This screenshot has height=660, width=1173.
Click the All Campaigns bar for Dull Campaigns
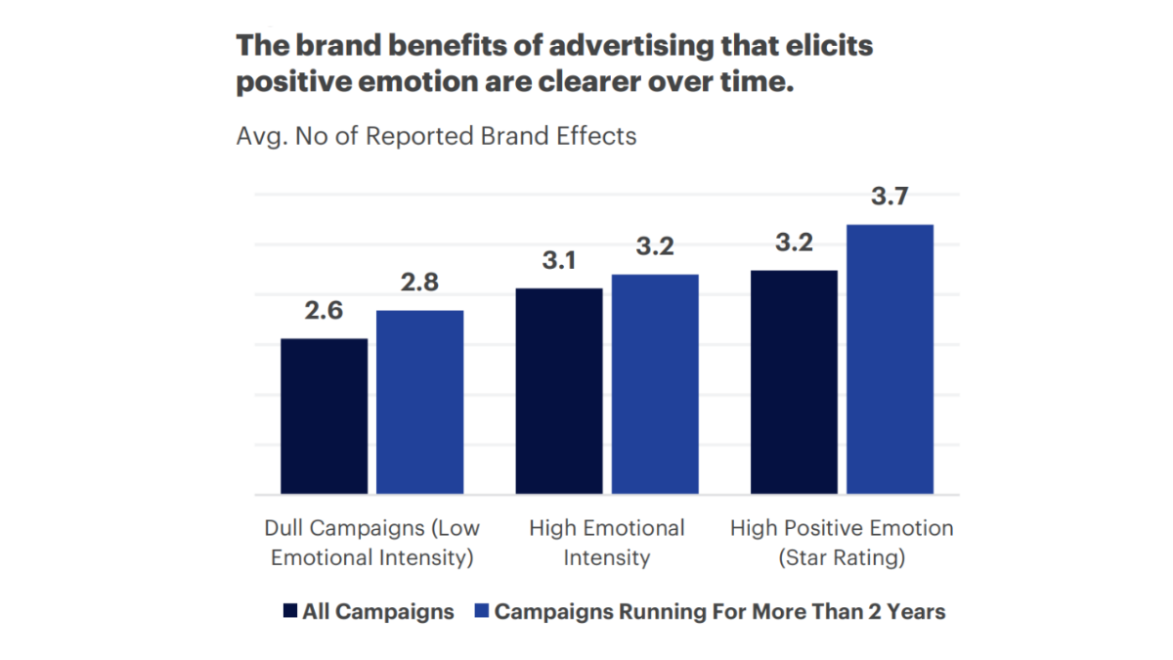click(325, 416)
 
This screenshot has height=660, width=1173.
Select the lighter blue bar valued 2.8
click(419, 402)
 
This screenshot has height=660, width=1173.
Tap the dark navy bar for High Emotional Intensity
click(559, 391)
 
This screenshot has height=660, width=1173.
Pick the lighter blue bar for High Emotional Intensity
click(655, 384)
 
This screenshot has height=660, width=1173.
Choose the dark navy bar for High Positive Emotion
click(794, 382)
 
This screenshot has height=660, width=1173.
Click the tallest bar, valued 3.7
click(890, 359)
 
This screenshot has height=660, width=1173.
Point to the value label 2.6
click(324, 312)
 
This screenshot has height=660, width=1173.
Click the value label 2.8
click(419, 284)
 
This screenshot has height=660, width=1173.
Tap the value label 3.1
click(558, 261)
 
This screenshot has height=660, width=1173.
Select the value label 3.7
click(890, 197)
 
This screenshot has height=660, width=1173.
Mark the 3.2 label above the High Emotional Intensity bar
click(655, 247)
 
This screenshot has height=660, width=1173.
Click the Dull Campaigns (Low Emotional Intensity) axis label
click(372, 543)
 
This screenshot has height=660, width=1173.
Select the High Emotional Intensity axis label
click(607, 543)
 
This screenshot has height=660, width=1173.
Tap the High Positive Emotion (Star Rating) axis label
click(842, 543)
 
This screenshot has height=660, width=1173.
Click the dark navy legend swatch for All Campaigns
click(289, 612)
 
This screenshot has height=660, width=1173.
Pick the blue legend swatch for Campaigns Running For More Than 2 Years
click(480, 612)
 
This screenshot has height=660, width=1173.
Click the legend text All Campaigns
click(378, 612)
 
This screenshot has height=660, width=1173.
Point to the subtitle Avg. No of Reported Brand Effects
click(436, 136)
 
